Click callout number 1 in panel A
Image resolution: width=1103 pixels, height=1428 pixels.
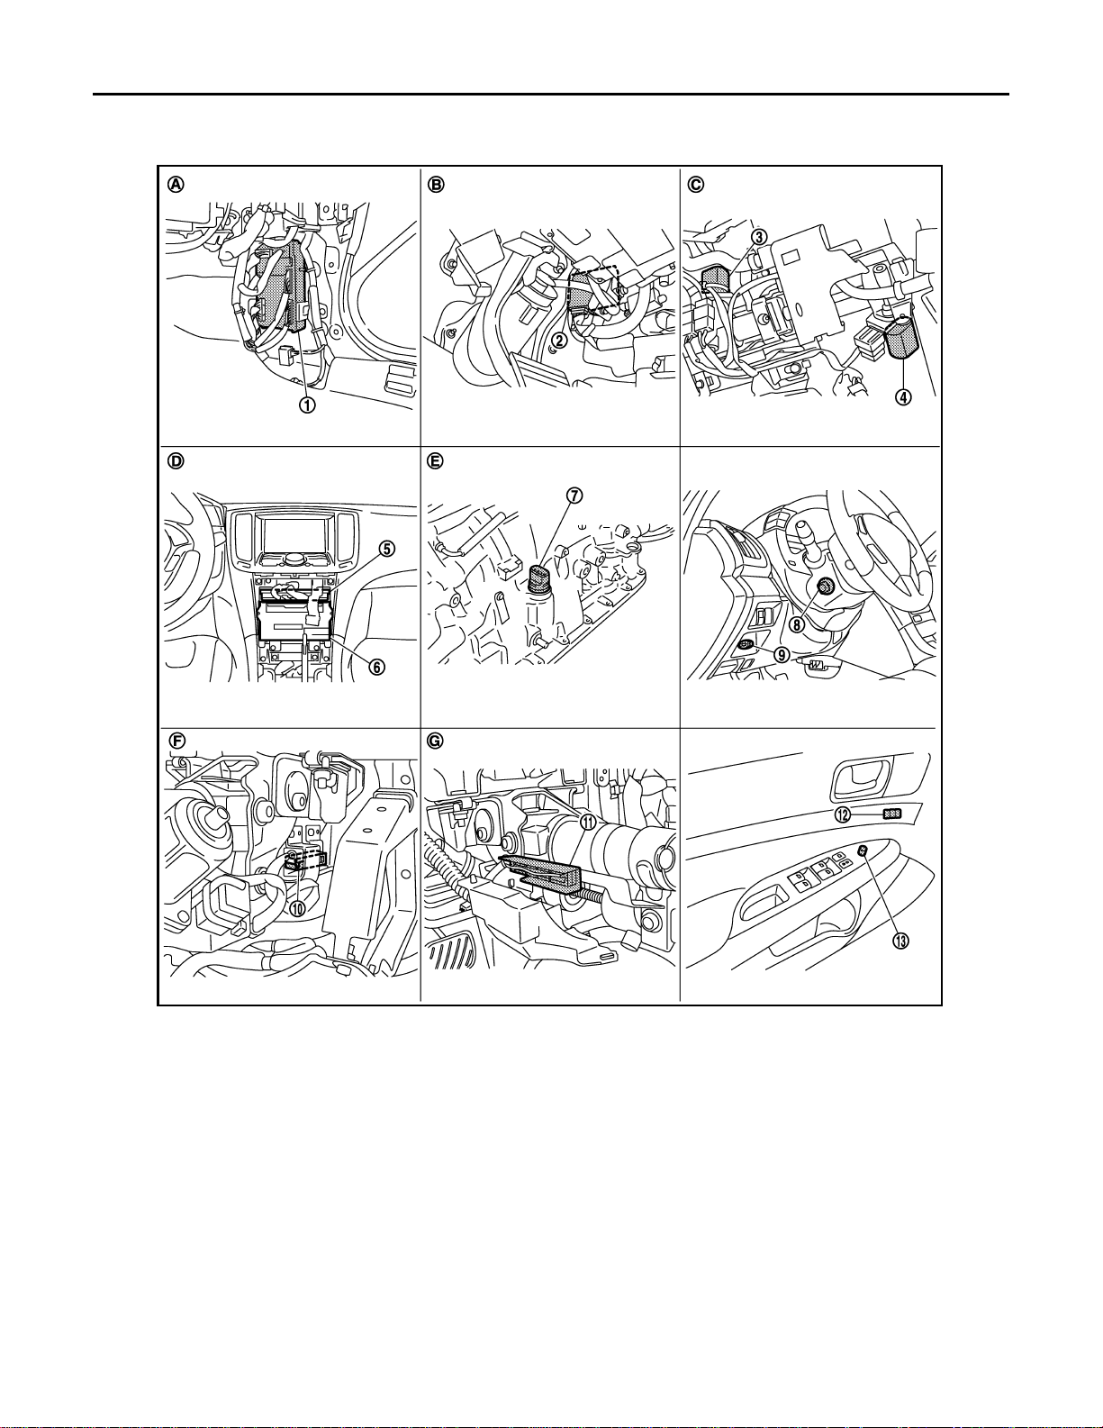tap(307, 405)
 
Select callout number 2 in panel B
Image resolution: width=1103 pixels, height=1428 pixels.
tap(559, 340)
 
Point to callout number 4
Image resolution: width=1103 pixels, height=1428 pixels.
tap(903, 397)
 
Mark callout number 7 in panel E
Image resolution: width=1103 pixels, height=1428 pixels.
tap(573, 496)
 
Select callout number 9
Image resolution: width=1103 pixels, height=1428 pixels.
tap(782, 656)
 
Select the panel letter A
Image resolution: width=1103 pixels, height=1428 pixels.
tap(176, 184)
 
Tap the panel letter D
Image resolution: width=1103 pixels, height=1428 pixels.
tap(176, 460)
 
